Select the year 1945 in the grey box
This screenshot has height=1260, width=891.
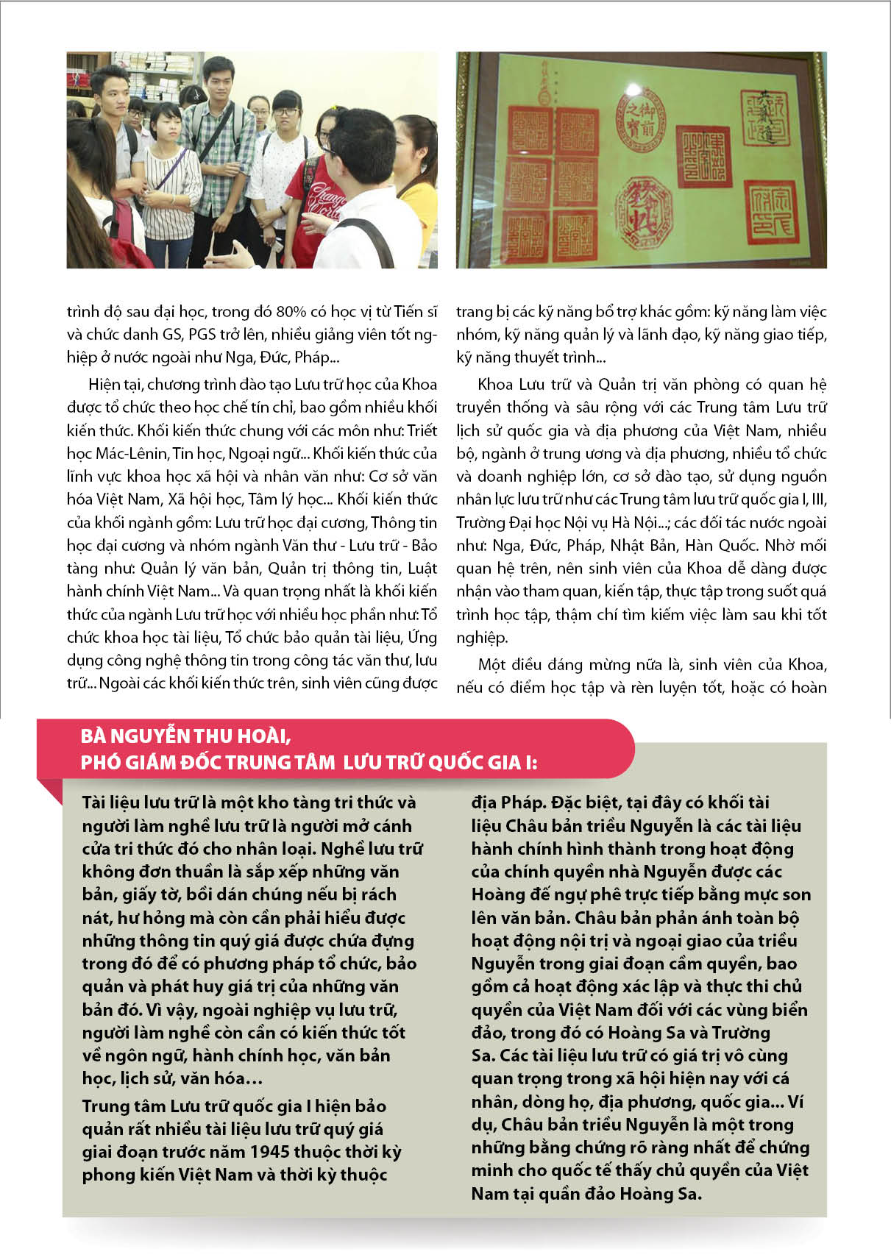(274, 1151)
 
